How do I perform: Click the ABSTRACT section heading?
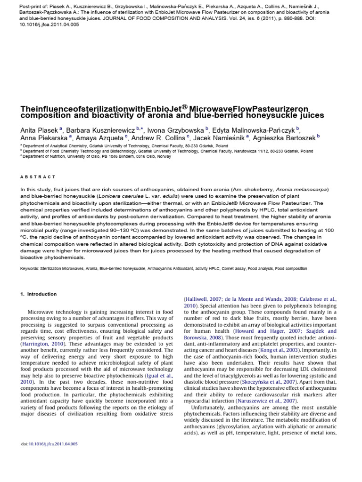pyautogui.click(x=38, y=177)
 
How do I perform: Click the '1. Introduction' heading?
pyautogui.click(x=38, y=294)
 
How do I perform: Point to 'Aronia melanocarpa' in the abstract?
pyautogui.click(x=298, y=189)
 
